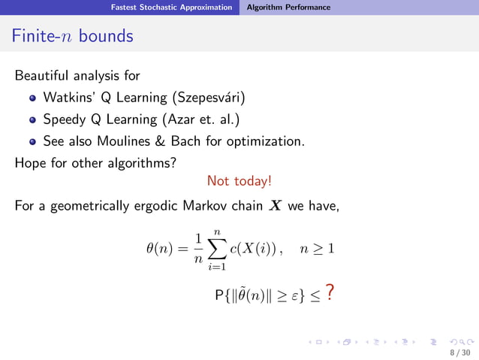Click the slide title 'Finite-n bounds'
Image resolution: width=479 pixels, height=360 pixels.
74,35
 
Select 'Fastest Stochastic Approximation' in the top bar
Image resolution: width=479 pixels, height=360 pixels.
171,8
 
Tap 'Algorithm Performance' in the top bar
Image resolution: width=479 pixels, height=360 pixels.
288,8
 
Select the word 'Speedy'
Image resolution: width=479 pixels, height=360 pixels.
64,119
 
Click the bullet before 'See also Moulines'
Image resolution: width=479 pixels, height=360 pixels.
32,140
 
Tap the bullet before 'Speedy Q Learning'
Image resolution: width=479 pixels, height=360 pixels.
32,119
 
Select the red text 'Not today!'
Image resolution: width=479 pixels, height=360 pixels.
239,181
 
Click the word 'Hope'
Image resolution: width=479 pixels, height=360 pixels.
31,160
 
